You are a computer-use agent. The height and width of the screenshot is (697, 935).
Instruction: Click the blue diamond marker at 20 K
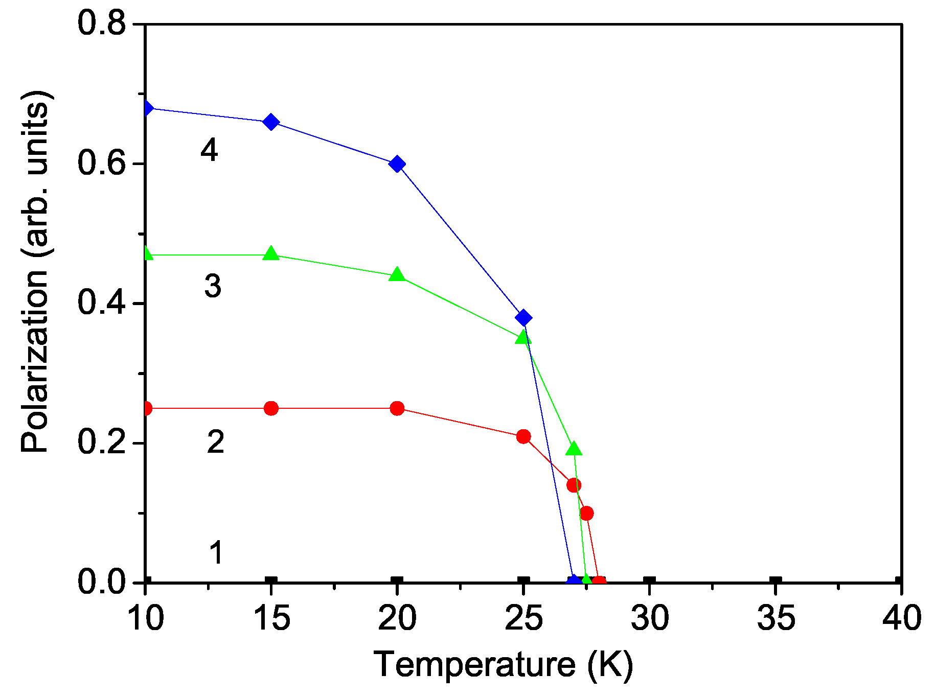[x=397, y=164]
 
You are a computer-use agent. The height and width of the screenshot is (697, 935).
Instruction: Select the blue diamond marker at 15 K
[x=271, y=122]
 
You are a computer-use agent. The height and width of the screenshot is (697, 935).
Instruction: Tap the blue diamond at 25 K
[x=523, y=318]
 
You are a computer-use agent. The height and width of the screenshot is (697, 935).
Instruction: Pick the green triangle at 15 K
[x=271, y=254]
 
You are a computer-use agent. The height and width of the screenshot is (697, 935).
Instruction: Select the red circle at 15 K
[x=271, y=408]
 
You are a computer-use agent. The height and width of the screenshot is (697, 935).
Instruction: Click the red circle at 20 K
[x=397, y=408]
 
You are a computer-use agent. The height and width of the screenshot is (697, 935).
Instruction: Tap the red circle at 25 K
[x=523, y=436]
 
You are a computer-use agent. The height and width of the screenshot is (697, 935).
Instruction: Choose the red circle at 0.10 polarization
[x=587, y=513]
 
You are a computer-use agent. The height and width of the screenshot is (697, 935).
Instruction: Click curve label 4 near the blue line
[x=209, y=150]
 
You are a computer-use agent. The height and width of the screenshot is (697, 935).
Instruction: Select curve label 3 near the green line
[x=213, y=286]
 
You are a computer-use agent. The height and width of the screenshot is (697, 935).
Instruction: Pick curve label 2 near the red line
[x=215, y=442]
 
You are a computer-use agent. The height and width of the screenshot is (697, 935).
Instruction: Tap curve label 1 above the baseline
[x=217, y=552]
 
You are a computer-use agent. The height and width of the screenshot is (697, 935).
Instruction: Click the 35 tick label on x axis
[x=776, y=618]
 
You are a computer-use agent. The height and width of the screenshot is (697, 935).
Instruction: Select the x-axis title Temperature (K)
[x=503, y=665]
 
